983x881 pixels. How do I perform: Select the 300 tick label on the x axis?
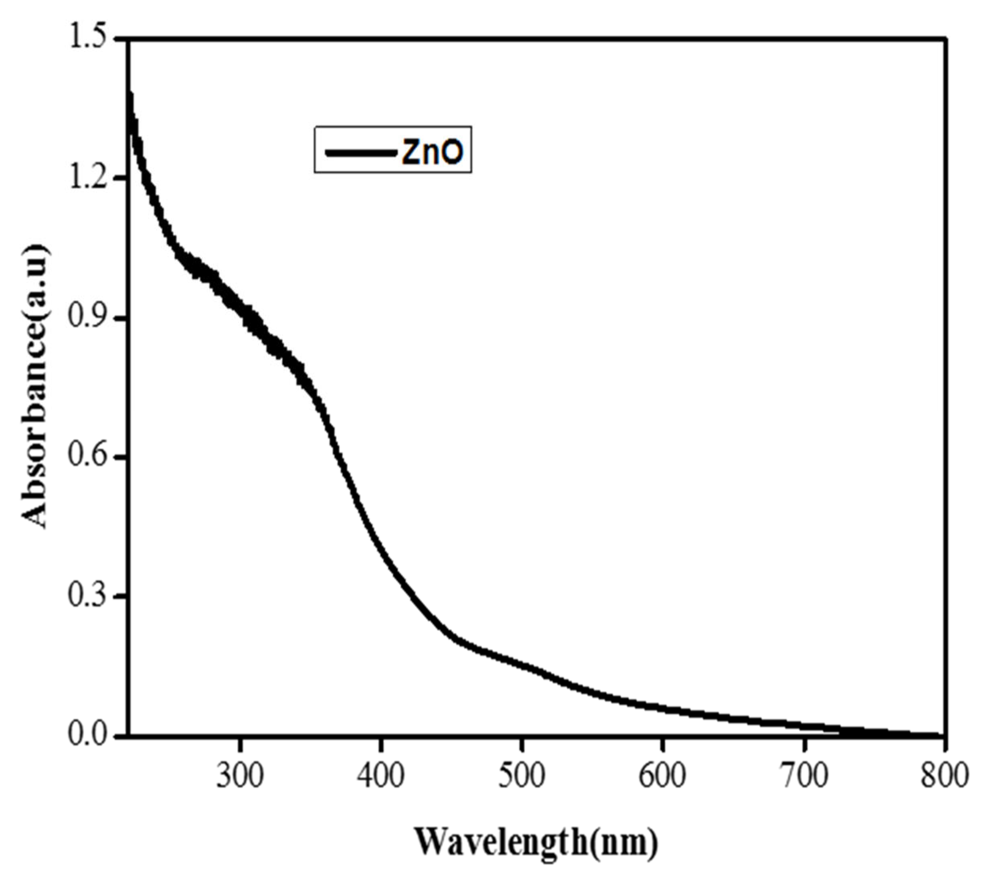coord(240,776)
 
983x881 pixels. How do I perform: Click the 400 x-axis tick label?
coord(381,776)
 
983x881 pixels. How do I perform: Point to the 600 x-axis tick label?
coord(663,776)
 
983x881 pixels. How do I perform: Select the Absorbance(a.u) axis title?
coord(35,387)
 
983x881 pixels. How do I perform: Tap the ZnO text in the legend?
coord(433,152)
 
